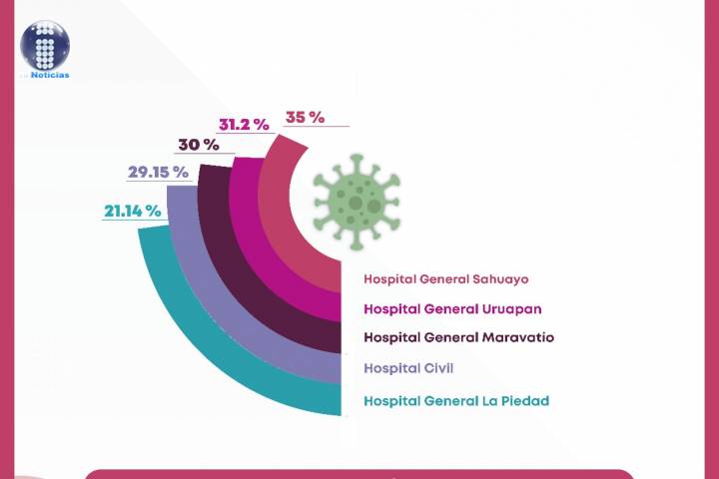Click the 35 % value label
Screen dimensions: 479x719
(305, 117)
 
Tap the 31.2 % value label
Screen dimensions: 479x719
(244, 125)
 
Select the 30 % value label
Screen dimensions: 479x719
(199, 145)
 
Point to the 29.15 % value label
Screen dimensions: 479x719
(158, 172)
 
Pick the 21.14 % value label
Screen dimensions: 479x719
(132, 211)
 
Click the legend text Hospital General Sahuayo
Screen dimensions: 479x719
(445, 279)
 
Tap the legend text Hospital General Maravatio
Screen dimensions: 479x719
(458, 337)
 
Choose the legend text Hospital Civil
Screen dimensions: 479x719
(408, 368)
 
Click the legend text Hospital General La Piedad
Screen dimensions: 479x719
(456, 401)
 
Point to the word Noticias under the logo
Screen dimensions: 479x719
(50, 75)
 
